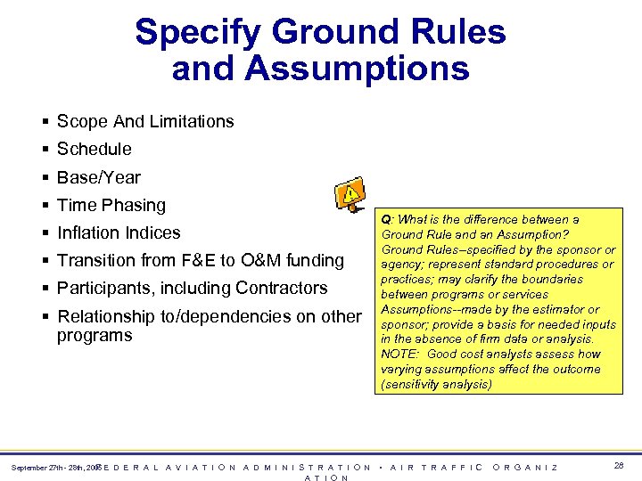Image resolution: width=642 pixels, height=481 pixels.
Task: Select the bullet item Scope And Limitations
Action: (145, 121)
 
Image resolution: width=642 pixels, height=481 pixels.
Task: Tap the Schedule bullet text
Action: (94, 149)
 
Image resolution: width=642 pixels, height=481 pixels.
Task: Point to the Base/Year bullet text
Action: (99, 176)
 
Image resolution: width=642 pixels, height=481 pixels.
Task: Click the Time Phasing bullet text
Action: (111, 205)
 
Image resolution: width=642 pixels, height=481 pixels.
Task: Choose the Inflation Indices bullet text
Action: (119, 232)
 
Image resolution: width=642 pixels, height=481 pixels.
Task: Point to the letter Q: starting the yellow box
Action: (387, 219)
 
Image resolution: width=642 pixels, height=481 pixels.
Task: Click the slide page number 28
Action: (619, 467)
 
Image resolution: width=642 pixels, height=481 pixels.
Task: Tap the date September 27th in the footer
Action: (38, 468)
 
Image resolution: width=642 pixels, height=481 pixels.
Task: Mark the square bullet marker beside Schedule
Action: (45, 150)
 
